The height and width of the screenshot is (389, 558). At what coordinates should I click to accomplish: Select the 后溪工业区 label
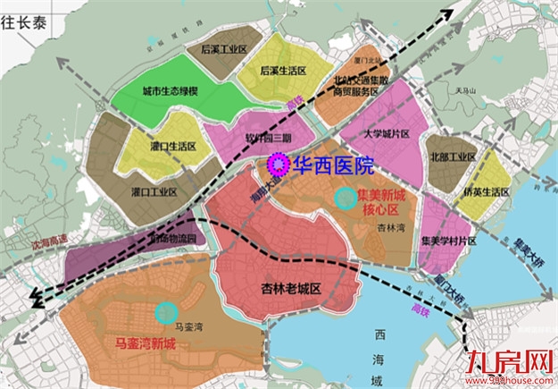click(x=223, y=50)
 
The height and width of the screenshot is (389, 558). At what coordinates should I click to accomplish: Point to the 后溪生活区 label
click(x=283, y=69)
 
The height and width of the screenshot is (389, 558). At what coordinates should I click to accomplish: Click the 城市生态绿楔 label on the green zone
click(x=170, y=92)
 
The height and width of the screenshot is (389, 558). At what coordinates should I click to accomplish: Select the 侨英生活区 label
click(x=486, y=191)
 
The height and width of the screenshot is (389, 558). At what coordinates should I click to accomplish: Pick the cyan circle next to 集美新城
click(x=342, y=196)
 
